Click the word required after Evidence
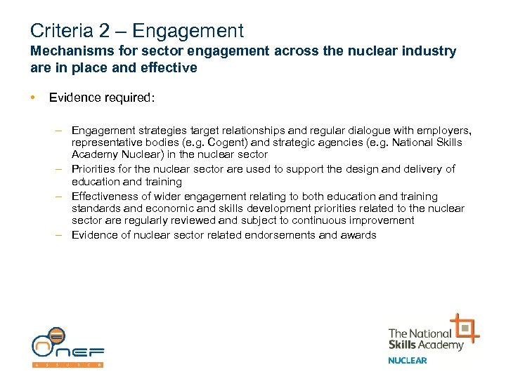click(127, 98)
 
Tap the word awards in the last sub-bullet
click(358, 234)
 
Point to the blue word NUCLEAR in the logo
click(408, 361)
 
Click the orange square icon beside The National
click(465, 328)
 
